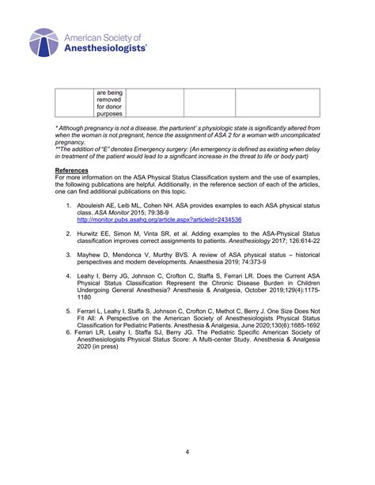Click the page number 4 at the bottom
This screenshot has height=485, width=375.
pos(187,452)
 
